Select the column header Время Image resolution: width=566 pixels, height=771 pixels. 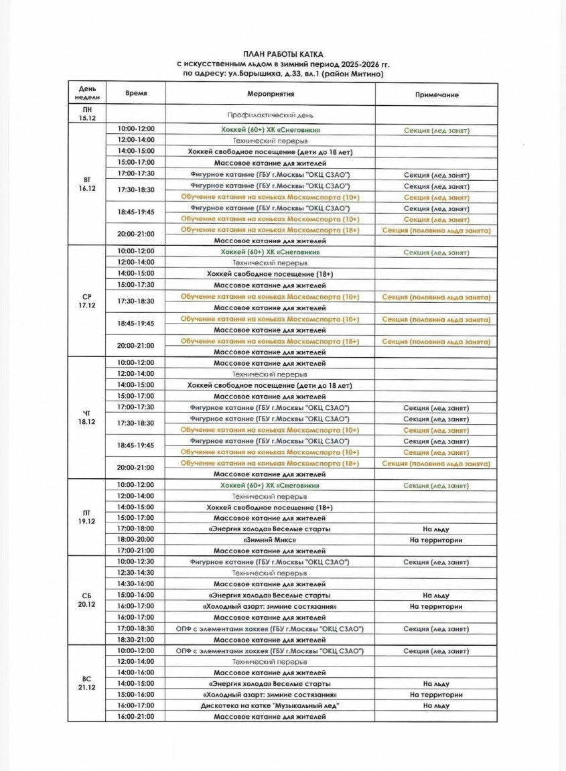(x=136, y=94)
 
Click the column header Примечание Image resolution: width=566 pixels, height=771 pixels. (x=436, y=94)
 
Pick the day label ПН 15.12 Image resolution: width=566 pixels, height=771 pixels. (x=87, y=113)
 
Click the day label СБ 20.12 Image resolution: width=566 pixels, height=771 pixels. (x=87, y=600)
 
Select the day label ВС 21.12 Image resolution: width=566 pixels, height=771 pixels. (x=87, y=683)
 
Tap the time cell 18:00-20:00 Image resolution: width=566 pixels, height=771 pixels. (x=136, y=539)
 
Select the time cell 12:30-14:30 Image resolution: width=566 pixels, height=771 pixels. (x=136, y=573)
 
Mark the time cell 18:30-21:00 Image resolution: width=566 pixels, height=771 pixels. (x=136, y=640)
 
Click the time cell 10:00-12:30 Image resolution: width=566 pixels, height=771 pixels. (x=136, y=561)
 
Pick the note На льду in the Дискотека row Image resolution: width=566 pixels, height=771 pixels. (x=436, y=705)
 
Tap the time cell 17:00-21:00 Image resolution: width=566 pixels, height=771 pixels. (x=136, y=550)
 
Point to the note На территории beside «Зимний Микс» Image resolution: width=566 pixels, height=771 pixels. (x=436, y=539)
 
